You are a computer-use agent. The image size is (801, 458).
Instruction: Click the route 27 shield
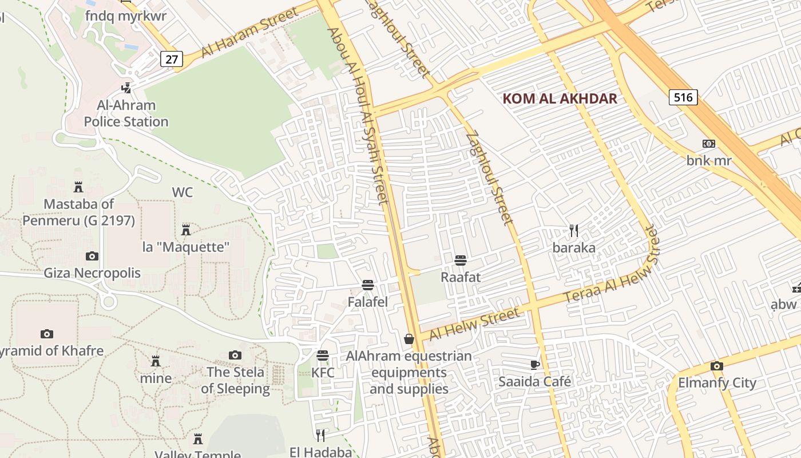coord(171,58)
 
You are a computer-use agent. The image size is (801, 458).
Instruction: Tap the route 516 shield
coord(683,97)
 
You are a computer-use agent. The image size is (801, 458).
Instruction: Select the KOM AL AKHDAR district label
coord(560,98)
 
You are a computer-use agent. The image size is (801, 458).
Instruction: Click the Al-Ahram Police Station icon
coord(126,88)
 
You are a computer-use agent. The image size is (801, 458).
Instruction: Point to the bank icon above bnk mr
coord(709,144)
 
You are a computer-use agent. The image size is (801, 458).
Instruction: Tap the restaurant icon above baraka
coord(574,231)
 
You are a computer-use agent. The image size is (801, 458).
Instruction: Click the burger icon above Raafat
coord(461,260)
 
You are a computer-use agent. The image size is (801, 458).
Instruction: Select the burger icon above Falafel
coord(368,285)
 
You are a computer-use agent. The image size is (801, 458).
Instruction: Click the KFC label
coord(323,373)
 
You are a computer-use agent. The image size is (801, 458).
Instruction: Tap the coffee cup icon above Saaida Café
coord(535,365)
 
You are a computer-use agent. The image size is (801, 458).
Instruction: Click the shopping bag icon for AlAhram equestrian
coord(409,339)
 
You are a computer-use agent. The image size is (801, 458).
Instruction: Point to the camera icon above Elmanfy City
coord(717,366)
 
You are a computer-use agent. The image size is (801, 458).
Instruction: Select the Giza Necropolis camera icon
coord(92,256)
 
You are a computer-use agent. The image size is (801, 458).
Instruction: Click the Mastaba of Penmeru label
coord(79,212)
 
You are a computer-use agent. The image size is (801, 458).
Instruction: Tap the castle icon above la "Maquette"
coord(186,230)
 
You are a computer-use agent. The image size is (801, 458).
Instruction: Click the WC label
coord(183,192)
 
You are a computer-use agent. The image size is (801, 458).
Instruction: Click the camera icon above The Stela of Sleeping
coord(235,356)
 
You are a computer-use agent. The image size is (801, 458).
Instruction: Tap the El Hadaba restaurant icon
coord(320,436)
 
